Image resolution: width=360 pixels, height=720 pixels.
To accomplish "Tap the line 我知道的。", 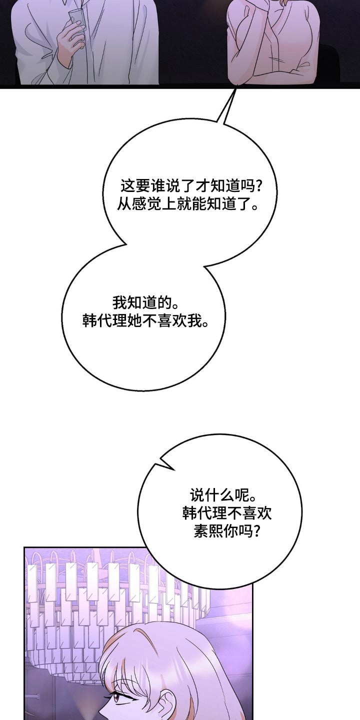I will [x=139, y=303].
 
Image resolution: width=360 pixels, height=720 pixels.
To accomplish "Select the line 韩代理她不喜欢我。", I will [x=145, y=320].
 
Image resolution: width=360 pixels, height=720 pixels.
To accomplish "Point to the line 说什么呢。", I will [x=219, y=495].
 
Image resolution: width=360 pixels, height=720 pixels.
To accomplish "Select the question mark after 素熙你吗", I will [x=255, y=531].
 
